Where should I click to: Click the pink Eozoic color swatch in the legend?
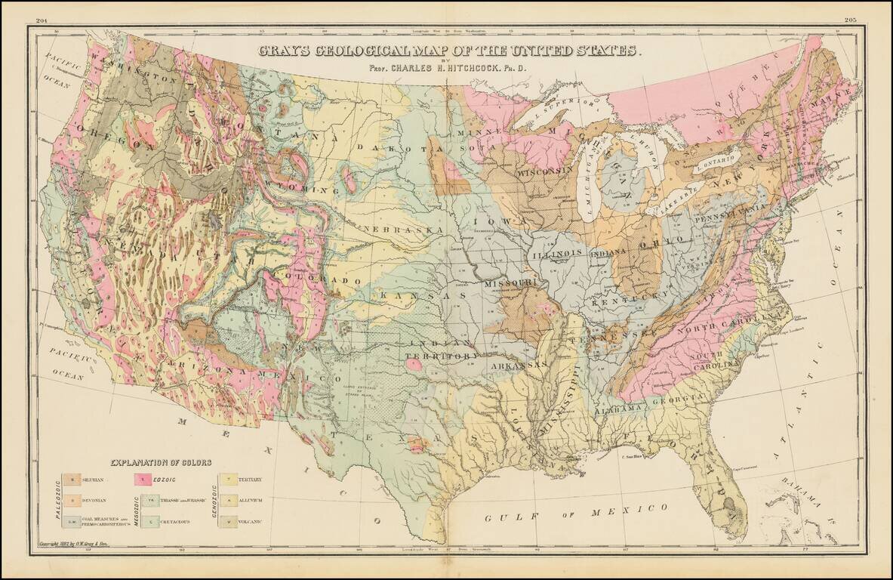(140, 480)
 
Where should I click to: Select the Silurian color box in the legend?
(72, 480)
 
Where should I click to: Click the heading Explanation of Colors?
(162, 462)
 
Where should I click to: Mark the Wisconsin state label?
(542, 173)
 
